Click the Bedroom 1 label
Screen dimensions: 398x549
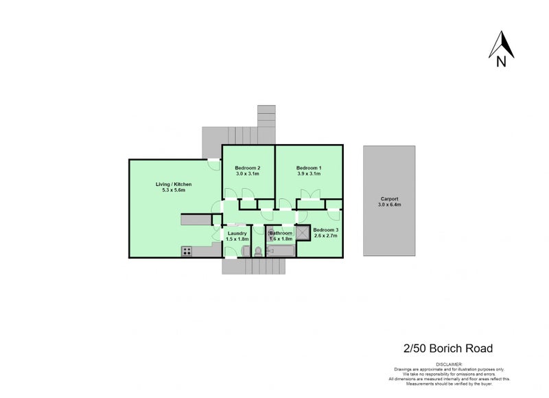[309, 168]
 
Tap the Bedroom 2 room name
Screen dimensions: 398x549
[247, 168]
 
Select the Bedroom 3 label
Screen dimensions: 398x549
[325, 230]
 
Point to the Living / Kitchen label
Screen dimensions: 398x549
[173, 184]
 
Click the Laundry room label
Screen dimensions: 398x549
[237, 233]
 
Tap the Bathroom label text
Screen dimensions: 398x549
[281, 233]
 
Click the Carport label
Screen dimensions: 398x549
[389, 199]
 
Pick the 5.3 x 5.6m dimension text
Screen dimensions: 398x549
[173, 190]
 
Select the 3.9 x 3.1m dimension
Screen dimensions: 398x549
[309, 174]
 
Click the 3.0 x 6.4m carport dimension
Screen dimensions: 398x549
[389, 205]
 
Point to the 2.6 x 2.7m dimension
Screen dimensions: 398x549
[325, 236]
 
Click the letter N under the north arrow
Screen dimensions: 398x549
[502, 63]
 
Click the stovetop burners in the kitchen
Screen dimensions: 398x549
[187, 251]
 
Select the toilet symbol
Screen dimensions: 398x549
[258, 251]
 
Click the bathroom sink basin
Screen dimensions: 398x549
[270, 233]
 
